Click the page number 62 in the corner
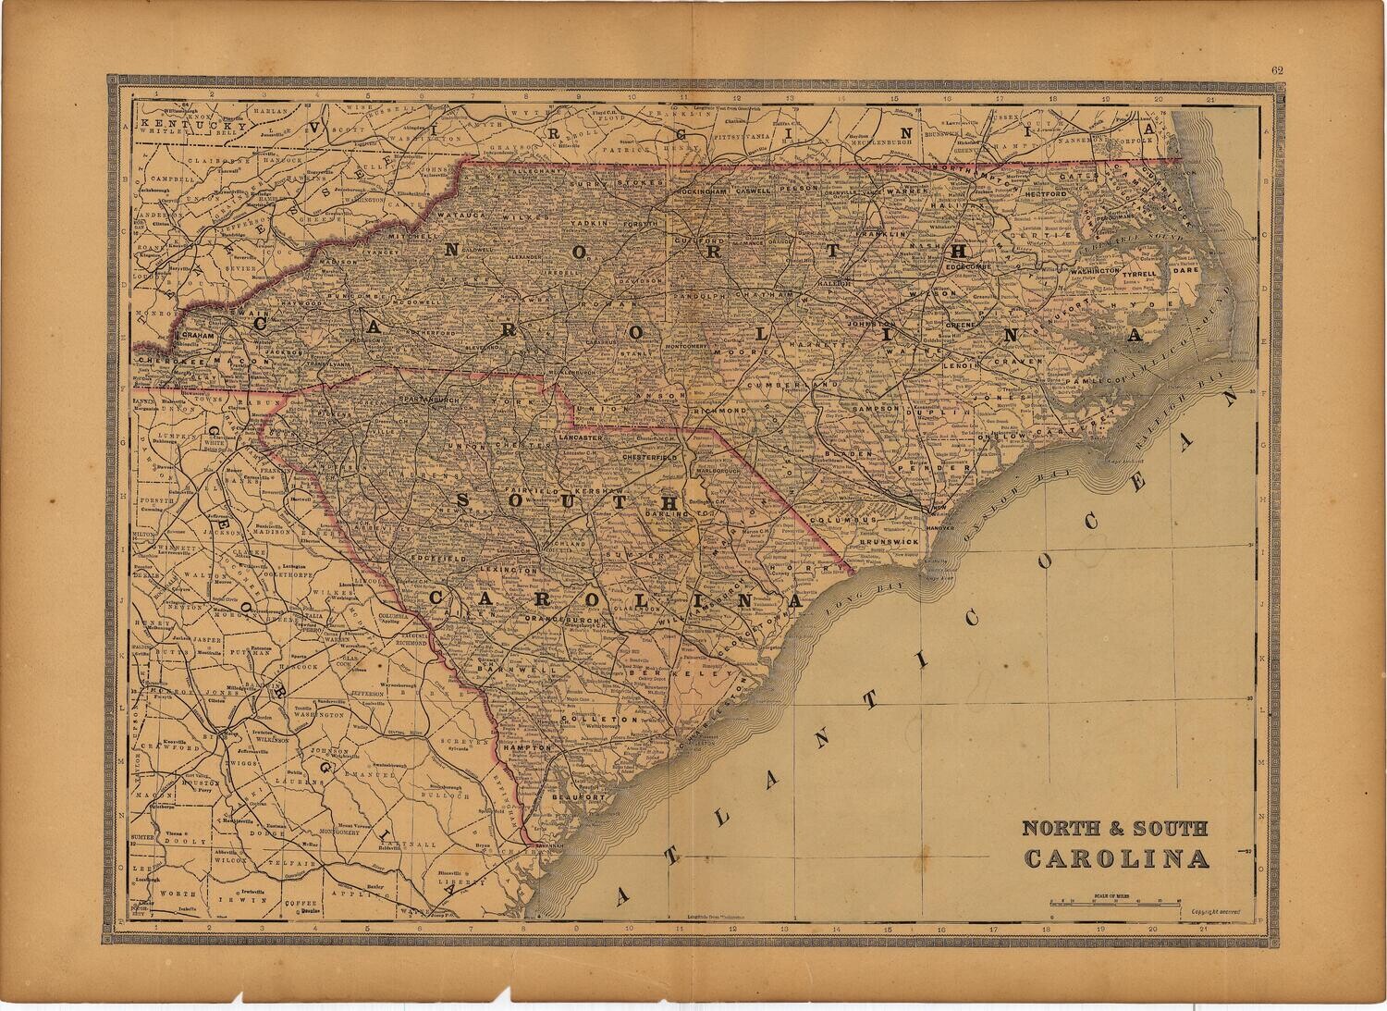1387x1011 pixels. (x=1277, y=68)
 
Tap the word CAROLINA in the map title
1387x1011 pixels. (x=1116, y=859)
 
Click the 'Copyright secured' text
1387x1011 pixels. (x=1215, y=910)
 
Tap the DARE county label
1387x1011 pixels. (x=1184, y=273)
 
